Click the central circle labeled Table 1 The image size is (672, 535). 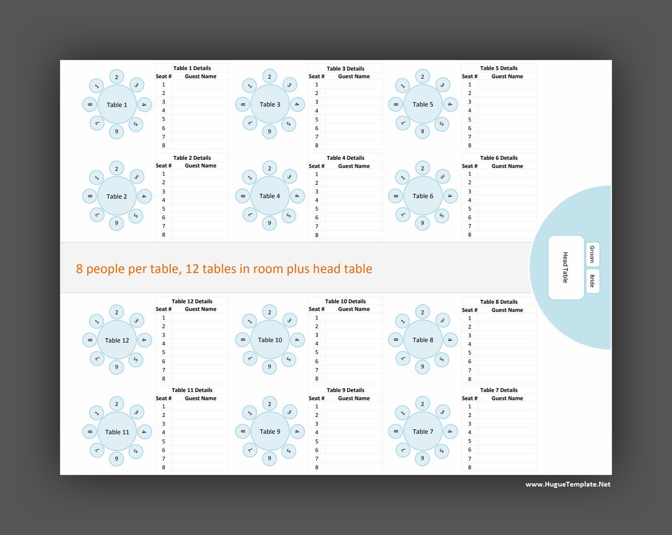117,105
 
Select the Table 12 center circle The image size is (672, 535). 117,340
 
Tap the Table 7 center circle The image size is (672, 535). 423,431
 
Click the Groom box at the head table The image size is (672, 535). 592,254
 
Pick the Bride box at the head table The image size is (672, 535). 592,281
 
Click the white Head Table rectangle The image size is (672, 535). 566,268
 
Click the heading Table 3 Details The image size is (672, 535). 346,68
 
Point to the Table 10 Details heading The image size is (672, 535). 346,301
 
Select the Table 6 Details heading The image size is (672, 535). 499,158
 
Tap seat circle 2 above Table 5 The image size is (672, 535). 422,76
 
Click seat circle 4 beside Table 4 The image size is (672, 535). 297,196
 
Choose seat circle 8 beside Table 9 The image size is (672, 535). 242,431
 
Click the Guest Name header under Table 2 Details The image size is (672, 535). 201,166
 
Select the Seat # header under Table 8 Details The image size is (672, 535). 469,310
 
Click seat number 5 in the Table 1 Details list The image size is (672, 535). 163,119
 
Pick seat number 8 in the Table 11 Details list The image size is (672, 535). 163,467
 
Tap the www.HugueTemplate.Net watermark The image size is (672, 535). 568,484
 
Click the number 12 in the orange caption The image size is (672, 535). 192,269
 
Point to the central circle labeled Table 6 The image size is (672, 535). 423,196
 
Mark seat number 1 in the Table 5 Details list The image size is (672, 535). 469,84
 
